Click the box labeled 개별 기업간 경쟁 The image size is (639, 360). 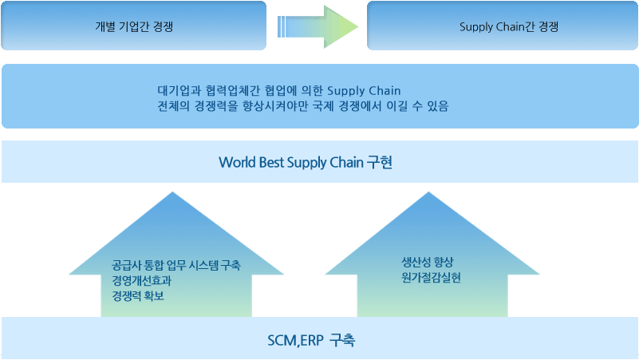[134, 26]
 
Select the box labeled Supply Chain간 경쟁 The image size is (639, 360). [503, 26]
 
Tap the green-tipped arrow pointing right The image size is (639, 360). [318, 27]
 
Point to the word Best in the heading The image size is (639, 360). [271, 162]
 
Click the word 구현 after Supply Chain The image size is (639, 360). [379, 162]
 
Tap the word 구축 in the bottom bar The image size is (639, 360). [342, 339]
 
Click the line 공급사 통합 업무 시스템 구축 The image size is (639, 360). [176, 266]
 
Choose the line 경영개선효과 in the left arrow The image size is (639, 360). [141, 280]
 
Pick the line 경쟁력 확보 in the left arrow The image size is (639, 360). [138, 295]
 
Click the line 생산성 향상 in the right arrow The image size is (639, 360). [427, 262]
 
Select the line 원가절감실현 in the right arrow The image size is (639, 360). [431, 278]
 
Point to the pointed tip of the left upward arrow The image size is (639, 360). [172, 192]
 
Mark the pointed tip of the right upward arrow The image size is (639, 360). [428, 192]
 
